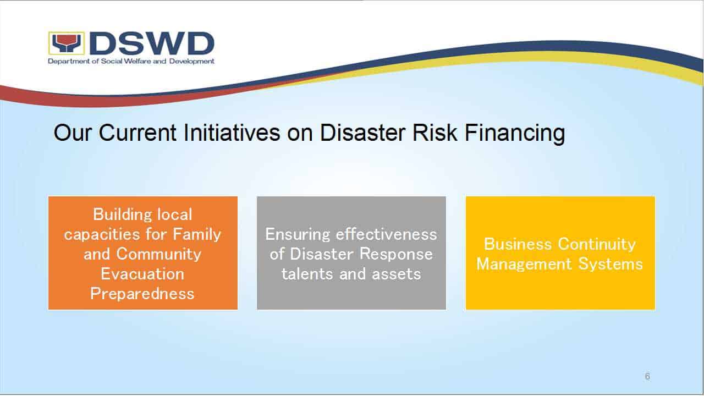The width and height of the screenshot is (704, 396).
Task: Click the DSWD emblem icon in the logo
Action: (67, 43)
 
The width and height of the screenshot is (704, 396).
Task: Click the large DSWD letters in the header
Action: (152, 43)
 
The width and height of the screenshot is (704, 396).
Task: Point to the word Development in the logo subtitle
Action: (192, 61)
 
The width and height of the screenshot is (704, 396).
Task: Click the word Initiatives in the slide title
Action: (232, 133)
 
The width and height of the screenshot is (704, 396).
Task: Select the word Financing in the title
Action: (515, 133)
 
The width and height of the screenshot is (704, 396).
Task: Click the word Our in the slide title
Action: (73, 133)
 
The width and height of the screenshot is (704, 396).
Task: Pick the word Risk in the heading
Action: (435, 133)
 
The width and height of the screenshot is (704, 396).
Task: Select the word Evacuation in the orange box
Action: (142, 274)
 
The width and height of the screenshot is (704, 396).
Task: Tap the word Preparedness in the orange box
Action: (142, 294)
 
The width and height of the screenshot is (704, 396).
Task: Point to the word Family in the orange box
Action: (197, 235)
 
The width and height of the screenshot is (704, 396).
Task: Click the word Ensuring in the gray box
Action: (298, 235)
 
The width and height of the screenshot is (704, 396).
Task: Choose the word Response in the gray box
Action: (396, 255)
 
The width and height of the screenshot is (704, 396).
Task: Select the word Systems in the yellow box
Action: (610, 265)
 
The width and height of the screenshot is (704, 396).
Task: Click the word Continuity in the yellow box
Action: (597, 245)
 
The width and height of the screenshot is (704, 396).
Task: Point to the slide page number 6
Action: (647, 376)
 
